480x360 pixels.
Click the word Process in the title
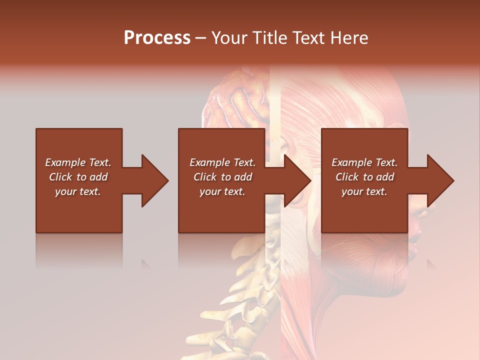[157, 38]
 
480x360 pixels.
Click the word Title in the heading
[266, 38]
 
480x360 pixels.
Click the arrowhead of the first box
[155, 180]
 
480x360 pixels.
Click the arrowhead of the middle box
[298, 180]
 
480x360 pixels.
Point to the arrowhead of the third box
[440, 180]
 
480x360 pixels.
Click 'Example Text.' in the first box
[78, 162]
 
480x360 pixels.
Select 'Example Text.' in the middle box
[222, 162]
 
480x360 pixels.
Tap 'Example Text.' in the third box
[364, 162]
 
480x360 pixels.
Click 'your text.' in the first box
[78, 191]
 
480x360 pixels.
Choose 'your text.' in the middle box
[222, 191]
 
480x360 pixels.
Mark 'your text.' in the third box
[364, 191]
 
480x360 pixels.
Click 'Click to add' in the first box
[78, 177]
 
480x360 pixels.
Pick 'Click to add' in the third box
[364, 177]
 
